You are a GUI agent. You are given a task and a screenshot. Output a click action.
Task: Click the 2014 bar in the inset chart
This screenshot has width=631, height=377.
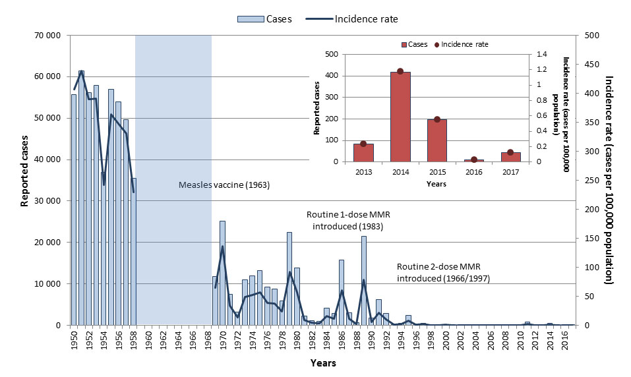[x=400, y=117]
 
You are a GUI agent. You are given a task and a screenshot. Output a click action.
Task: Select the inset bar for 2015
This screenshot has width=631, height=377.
[x=437, y=140]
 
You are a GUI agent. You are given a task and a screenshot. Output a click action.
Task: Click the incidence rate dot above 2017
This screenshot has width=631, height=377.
[x=510, y=152]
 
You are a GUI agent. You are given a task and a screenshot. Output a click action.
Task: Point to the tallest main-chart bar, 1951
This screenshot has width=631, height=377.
[x=81, y=198]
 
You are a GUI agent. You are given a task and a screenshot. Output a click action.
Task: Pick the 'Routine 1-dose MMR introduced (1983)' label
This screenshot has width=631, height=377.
[x=345, y=221]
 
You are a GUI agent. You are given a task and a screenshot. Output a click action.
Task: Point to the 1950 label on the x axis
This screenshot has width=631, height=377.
[x=74, y=342]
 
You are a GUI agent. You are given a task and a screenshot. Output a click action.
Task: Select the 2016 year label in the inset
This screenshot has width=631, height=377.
[x=473, y=172]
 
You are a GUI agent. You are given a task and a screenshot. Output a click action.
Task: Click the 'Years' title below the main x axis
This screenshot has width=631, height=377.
[x=322, y=363]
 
